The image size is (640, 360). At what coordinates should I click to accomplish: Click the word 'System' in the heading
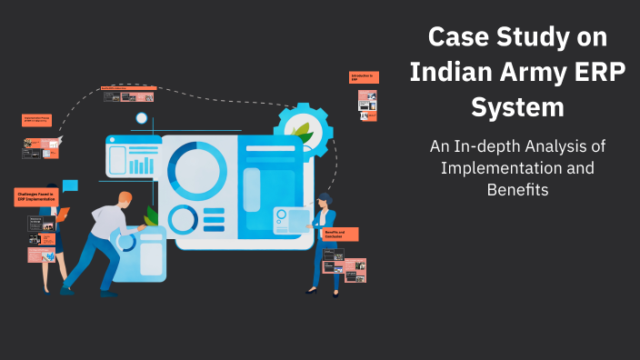point(517,107)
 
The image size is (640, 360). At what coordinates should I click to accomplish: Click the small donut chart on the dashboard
point(182,219)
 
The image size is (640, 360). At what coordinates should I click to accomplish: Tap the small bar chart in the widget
point(142,165)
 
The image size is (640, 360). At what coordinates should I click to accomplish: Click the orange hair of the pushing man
point(125,199)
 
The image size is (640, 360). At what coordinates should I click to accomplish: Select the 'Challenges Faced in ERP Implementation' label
point(36,196)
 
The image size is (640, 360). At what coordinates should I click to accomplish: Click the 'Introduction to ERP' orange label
point(363,78)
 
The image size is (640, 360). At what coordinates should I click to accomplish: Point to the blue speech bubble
point(70,185)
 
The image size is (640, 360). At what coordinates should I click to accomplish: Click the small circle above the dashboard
point(141,118)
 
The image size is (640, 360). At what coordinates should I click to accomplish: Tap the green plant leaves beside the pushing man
point(151,216)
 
